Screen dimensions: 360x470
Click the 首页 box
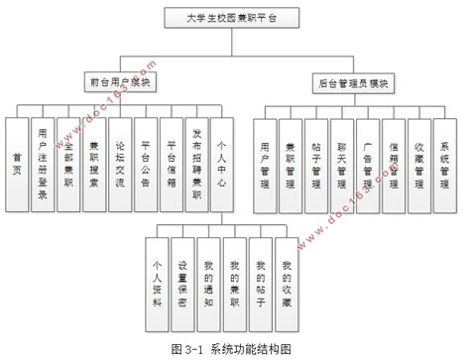pos(15,162)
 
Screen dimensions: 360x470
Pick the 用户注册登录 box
pos(42,162)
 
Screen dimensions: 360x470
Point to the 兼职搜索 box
pos(93,162)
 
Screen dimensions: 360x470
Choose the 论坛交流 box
pos(119,162)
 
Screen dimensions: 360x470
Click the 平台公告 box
pos(145,162)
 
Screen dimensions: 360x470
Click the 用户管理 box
pos(263,162)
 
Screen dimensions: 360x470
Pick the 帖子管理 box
pos(314,162)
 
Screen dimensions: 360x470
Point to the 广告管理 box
pos(366,162)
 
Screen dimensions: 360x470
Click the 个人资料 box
pos(158,282)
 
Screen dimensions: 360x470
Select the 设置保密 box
pos(183,282)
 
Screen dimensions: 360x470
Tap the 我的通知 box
pos(209,282)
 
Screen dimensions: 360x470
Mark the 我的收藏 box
pos(287,282)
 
